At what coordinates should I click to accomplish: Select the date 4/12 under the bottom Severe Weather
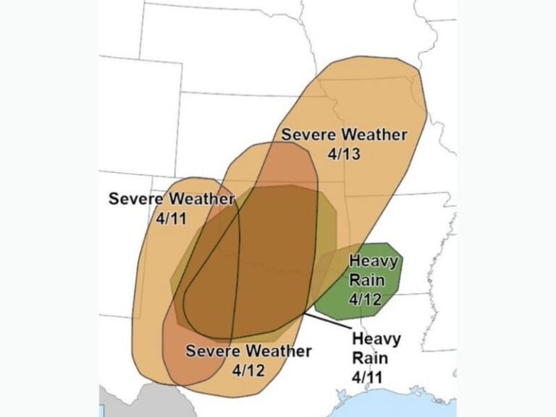click(x=249, y=369)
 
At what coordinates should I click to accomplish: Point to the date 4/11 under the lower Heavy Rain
click(x=367, y=376)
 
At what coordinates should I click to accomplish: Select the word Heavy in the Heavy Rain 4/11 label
click(x=375, y=338)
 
